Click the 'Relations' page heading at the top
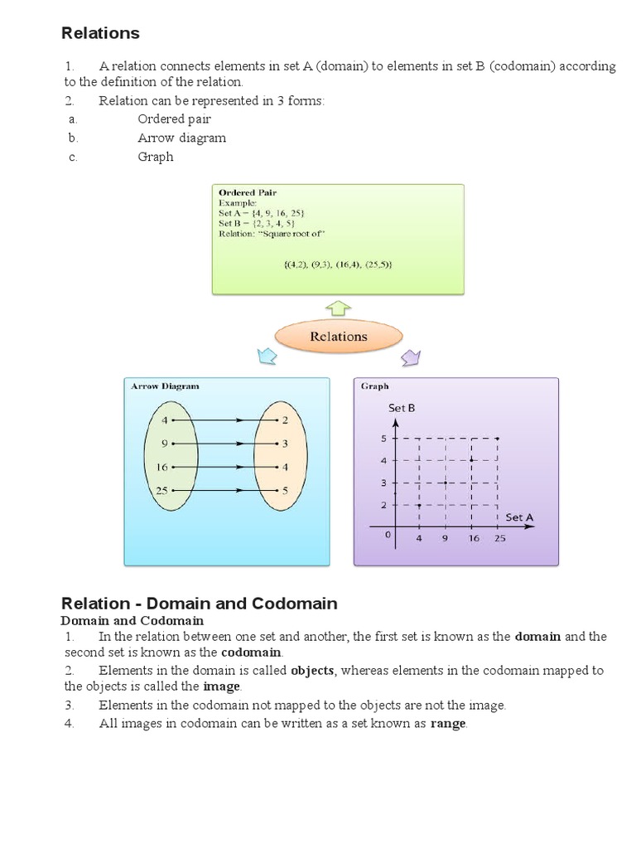click(x=100, y=34)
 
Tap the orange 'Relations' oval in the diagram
click(x=338, y=337)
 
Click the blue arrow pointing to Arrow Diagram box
click(x=267, y=357)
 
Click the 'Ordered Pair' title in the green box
click(x=248, y=192)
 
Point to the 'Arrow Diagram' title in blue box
click(x=165, y=386)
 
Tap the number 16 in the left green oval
click(x=161, y=468)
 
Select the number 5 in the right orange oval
click(x=285, y=491)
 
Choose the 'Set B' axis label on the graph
click(x=401, y=408)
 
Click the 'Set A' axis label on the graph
click(x=519, y=517)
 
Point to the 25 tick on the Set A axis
click(x=499, y=538)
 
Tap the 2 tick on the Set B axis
click(x=384, y=505)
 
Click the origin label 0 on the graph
click(x=386, y=535)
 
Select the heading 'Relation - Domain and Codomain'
click(x=200, y=603)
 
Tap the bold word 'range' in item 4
click(x=448, y=724)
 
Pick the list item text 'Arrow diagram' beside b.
click(x=181, y=138)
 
